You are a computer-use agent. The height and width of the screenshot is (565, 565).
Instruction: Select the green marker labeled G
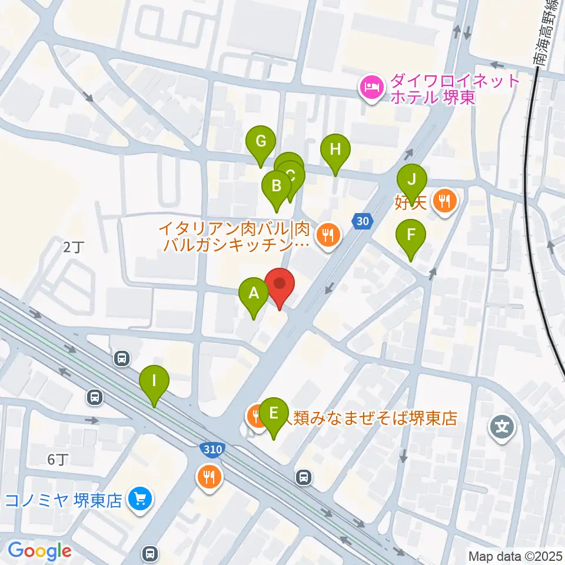[x=261, y=142]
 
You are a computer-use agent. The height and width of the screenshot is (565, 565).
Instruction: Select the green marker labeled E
[x=274, y=413]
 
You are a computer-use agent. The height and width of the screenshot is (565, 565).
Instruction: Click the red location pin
[x=280, y=284]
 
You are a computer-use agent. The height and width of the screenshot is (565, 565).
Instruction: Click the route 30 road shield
[x=363, y=221]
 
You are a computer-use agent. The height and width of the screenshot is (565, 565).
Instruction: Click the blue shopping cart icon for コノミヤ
[x=140, y=500]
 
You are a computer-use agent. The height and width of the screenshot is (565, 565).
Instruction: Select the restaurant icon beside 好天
[x=444, y=202]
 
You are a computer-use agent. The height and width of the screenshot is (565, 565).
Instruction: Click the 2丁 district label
[x=74, y=248]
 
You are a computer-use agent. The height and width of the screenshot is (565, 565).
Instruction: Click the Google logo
[x=39, y=551]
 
